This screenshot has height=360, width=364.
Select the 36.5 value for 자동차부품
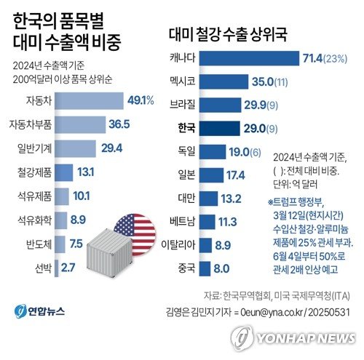pos(115,124)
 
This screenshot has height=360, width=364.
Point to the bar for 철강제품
pos(63,172)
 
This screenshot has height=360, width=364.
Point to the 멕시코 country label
pos(182,81)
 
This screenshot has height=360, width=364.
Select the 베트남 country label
pos(182,221)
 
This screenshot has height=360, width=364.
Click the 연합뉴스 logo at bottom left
pos(40,312)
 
